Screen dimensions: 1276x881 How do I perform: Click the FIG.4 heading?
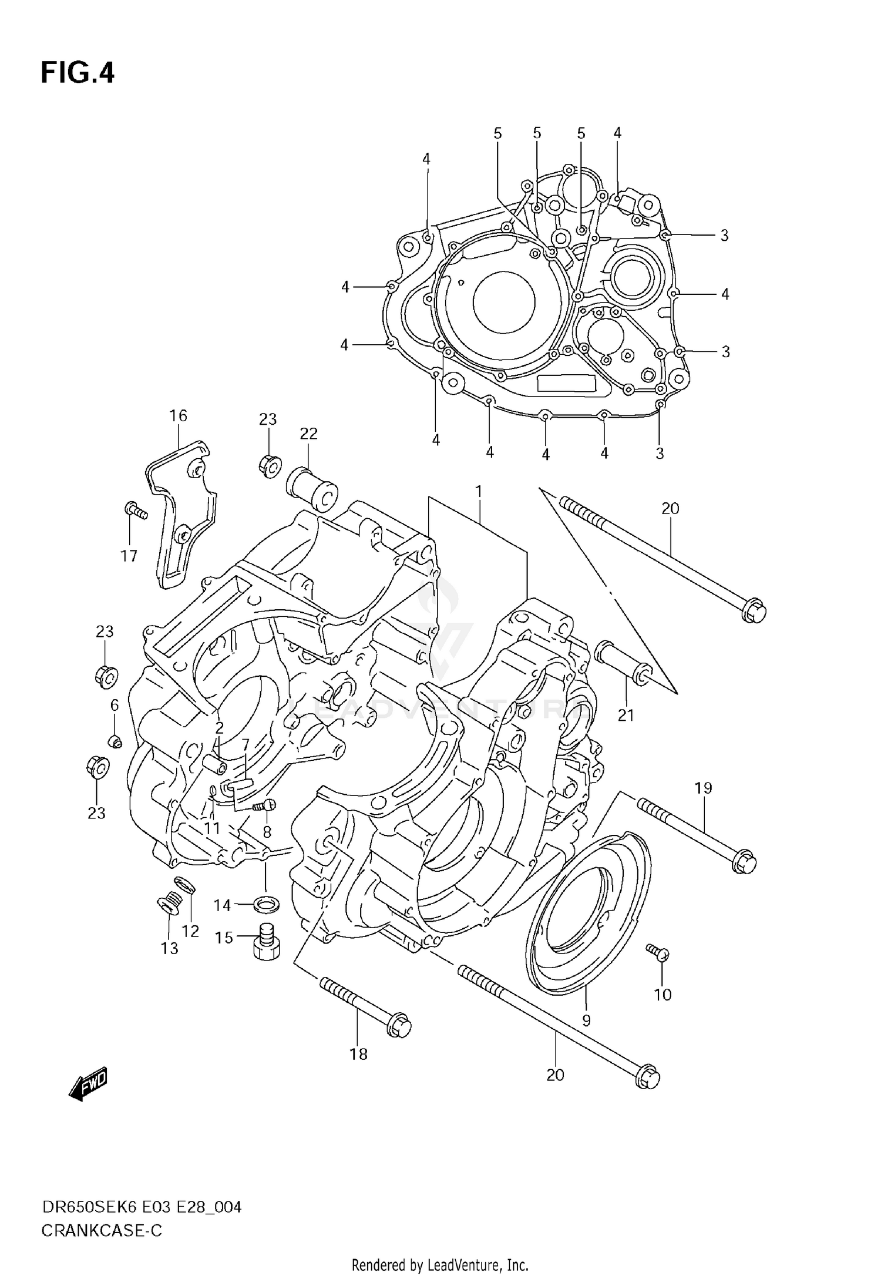pos(78,73)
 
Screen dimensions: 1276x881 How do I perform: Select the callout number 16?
pos(178,416)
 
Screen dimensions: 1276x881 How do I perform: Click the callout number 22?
pos(308,434)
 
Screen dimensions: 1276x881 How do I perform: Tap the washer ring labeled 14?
pos(266,905)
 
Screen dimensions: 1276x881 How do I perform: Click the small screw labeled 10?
pos(656,951)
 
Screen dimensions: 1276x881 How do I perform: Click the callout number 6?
pos(115,705)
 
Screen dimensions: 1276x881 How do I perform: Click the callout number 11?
pos(211,828)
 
